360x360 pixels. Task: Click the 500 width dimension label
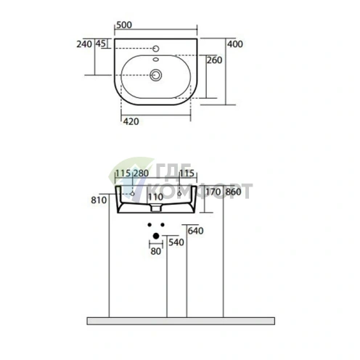point(124,25)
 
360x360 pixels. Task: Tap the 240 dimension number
point(84,44)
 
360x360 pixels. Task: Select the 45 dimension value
point(101,44)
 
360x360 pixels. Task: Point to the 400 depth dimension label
point(235,44)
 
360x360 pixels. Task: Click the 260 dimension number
point(214,60)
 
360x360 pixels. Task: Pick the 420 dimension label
point(131,121)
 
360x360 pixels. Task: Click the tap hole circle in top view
point(156,49)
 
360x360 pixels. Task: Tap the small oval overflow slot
point(155,60)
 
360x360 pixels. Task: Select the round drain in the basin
point(156,75)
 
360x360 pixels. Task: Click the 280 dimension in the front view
point(141,173)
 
